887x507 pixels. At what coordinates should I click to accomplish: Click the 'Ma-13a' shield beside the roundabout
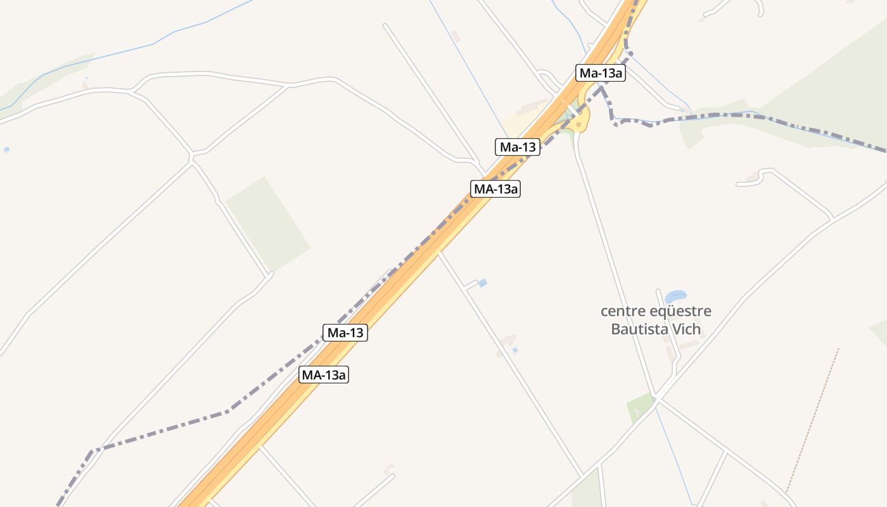[x=601, y=73]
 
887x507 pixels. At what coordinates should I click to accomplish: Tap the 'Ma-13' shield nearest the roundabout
[x=518, y=148]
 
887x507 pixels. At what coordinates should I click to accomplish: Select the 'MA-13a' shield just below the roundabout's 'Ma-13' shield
[x=495, y=188]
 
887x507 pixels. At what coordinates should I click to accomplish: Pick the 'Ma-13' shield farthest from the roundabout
[x=345, y=332]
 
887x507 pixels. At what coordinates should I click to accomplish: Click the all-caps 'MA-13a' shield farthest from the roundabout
[x=324, y=375]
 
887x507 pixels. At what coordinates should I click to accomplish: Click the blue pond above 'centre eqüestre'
[x=675, y=296]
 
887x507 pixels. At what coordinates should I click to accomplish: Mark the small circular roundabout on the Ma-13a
[x=579, y=124]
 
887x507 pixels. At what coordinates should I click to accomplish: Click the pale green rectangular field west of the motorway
[x=267, y=223]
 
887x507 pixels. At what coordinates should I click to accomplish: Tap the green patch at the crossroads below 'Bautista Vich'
[x=640, y=407]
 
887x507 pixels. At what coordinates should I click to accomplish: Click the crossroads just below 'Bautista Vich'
[x=658, y=399]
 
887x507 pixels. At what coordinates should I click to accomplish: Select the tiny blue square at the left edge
[x=6, y=150]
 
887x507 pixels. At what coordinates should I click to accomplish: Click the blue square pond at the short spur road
[x=483, y=283]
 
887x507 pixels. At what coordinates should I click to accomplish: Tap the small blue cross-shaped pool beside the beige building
[x=515, y=349]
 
